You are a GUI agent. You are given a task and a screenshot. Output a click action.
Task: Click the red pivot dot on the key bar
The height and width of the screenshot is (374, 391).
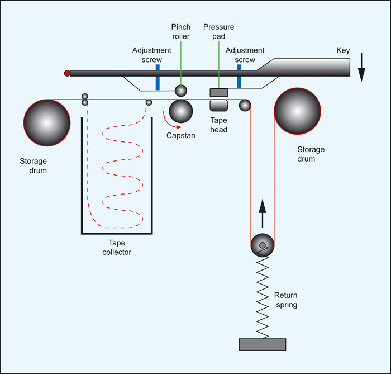(68, 73)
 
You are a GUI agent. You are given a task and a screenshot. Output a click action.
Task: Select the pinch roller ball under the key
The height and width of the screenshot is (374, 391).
(181, 90)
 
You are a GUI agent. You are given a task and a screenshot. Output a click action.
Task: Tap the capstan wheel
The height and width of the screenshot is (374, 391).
(181, 111)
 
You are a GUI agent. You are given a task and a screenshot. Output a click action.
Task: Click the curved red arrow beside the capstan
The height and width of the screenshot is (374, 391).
(165, 119)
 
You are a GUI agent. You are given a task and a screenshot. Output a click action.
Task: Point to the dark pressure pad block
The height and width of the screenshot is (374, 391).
(218, 92)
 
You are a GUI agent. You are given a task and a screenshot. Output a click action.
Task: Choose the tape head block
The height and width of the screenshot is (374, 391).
(218, 105)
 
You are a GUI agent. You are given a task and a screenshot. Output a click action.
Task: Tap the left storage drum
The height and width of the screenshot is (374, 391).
(47, 122)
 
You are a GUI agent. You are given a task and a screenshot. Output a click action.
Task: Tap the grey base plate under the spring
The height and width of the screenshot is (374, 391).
(263, 344)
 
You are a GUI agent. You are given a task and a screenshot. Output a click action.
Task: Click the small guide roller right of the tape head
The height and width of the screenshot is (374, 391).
(245, 105)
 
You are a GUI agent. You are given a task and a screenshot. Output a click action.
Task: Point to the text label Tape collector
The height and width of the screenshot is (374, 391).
(117, 247)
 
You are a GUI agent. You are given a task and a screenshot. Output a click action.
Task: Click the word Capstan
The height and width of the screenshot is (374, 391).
(180, 135)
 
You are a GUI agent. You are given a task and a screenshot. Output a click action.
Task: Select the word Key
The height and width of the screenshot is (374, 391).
(343, 50)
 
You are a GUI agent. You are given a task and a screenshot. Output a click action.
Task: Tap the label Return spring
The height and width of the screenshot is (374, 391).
(287, 300)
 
